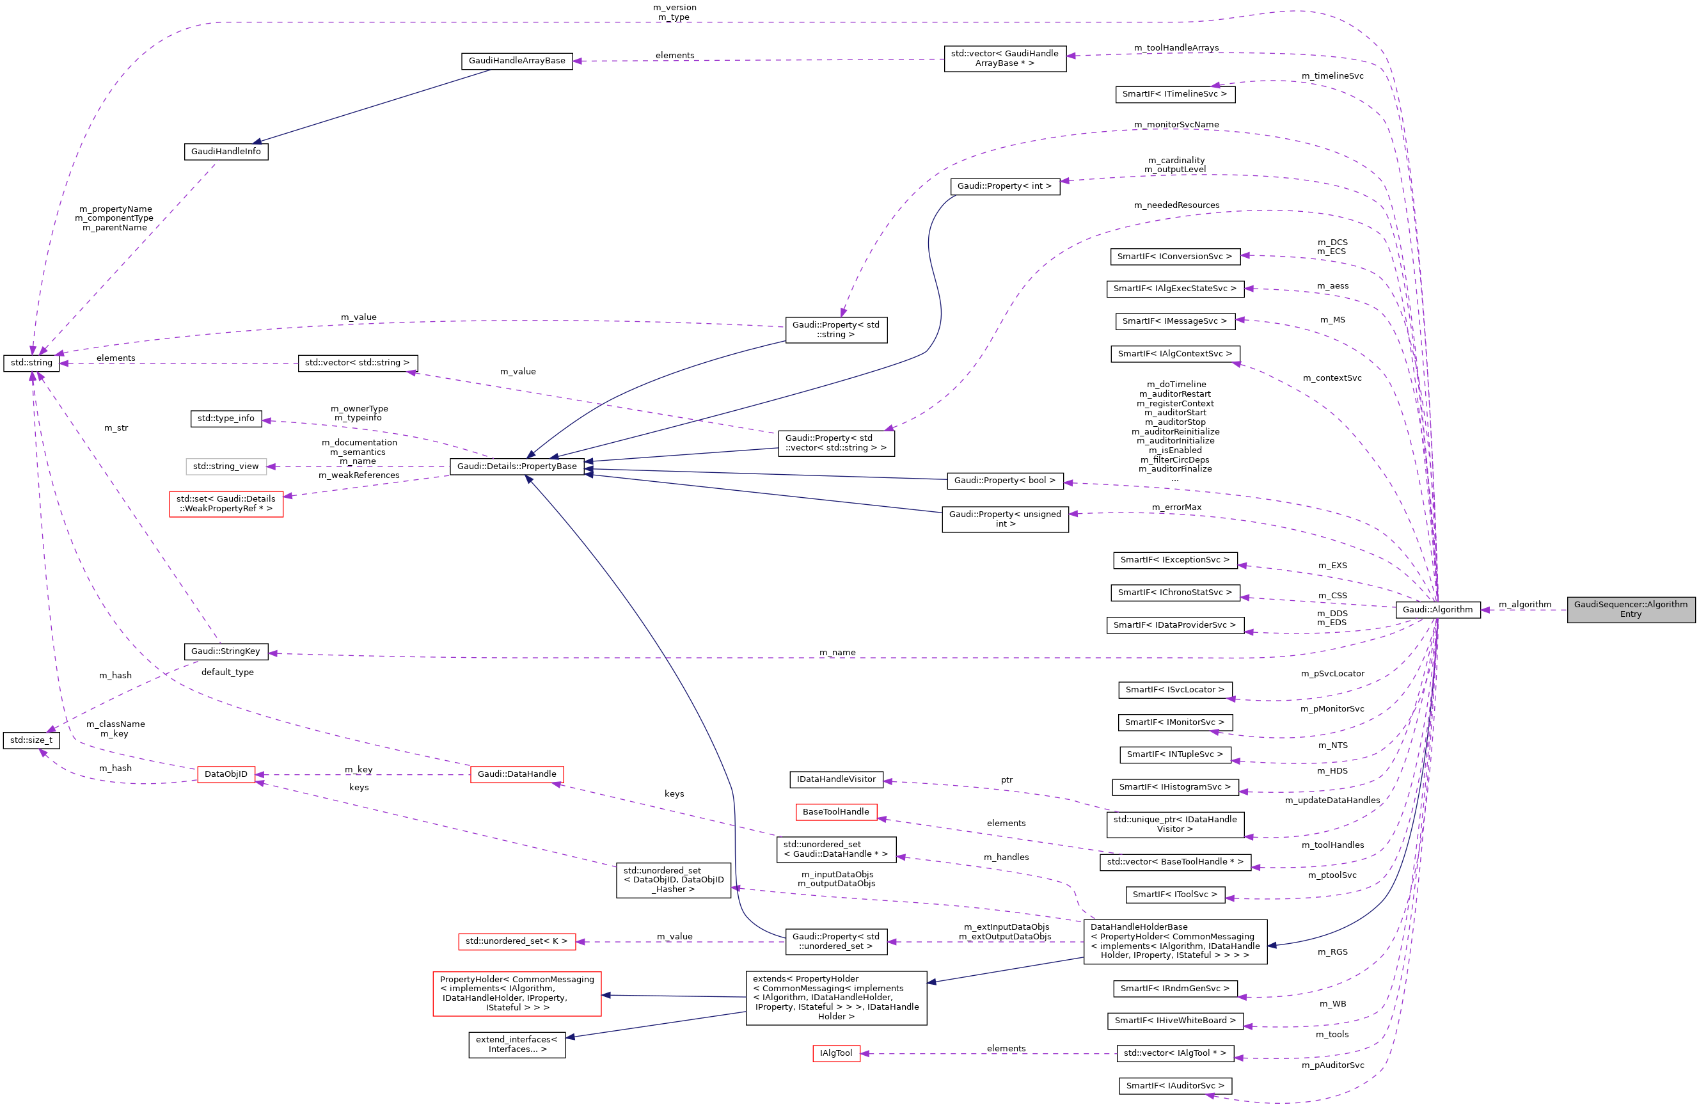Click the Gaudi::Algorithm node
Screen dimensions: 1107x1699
point(1437,610)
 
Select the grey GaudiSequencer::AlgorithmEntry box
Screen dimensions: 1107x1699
point(1631,609)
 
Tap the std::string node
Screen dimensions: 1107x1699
point(31,363)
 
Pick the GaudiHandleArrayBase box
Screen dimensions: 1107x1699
point(517,61)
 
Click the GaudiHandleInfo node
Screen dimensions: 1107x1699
point(226,152)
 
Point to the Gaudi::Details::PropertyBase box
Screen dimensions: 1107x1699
point(517,466)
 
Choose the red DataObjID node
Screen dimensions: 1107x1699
point(226,774)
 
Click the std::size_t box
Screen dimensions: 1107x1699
point(31,740)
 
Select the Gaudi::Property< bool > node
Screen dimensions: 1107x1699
point(1004,481)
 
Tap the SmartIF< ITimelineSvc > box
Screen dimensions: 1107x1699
point(1174,94)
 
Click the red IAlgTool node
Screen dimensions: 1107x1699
point(836,1053)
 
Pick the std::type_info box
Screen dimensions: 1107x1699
point(226,418)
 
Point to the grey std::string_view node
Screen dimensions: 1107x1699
point(226,466)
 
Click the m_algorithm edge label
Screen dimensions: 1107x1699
point(1525,605)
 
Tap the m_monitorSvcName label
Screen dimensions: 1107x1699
point(1176,125)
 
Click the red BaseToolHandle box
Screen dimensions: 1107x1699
point(836,812)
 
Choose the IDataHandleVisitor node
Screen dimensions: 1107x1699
point(836,779)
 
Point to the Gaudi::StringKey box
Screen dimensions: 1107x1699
point(226,651)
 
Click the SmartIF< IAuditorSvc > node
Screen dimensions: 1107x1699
point(1175,1086)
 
